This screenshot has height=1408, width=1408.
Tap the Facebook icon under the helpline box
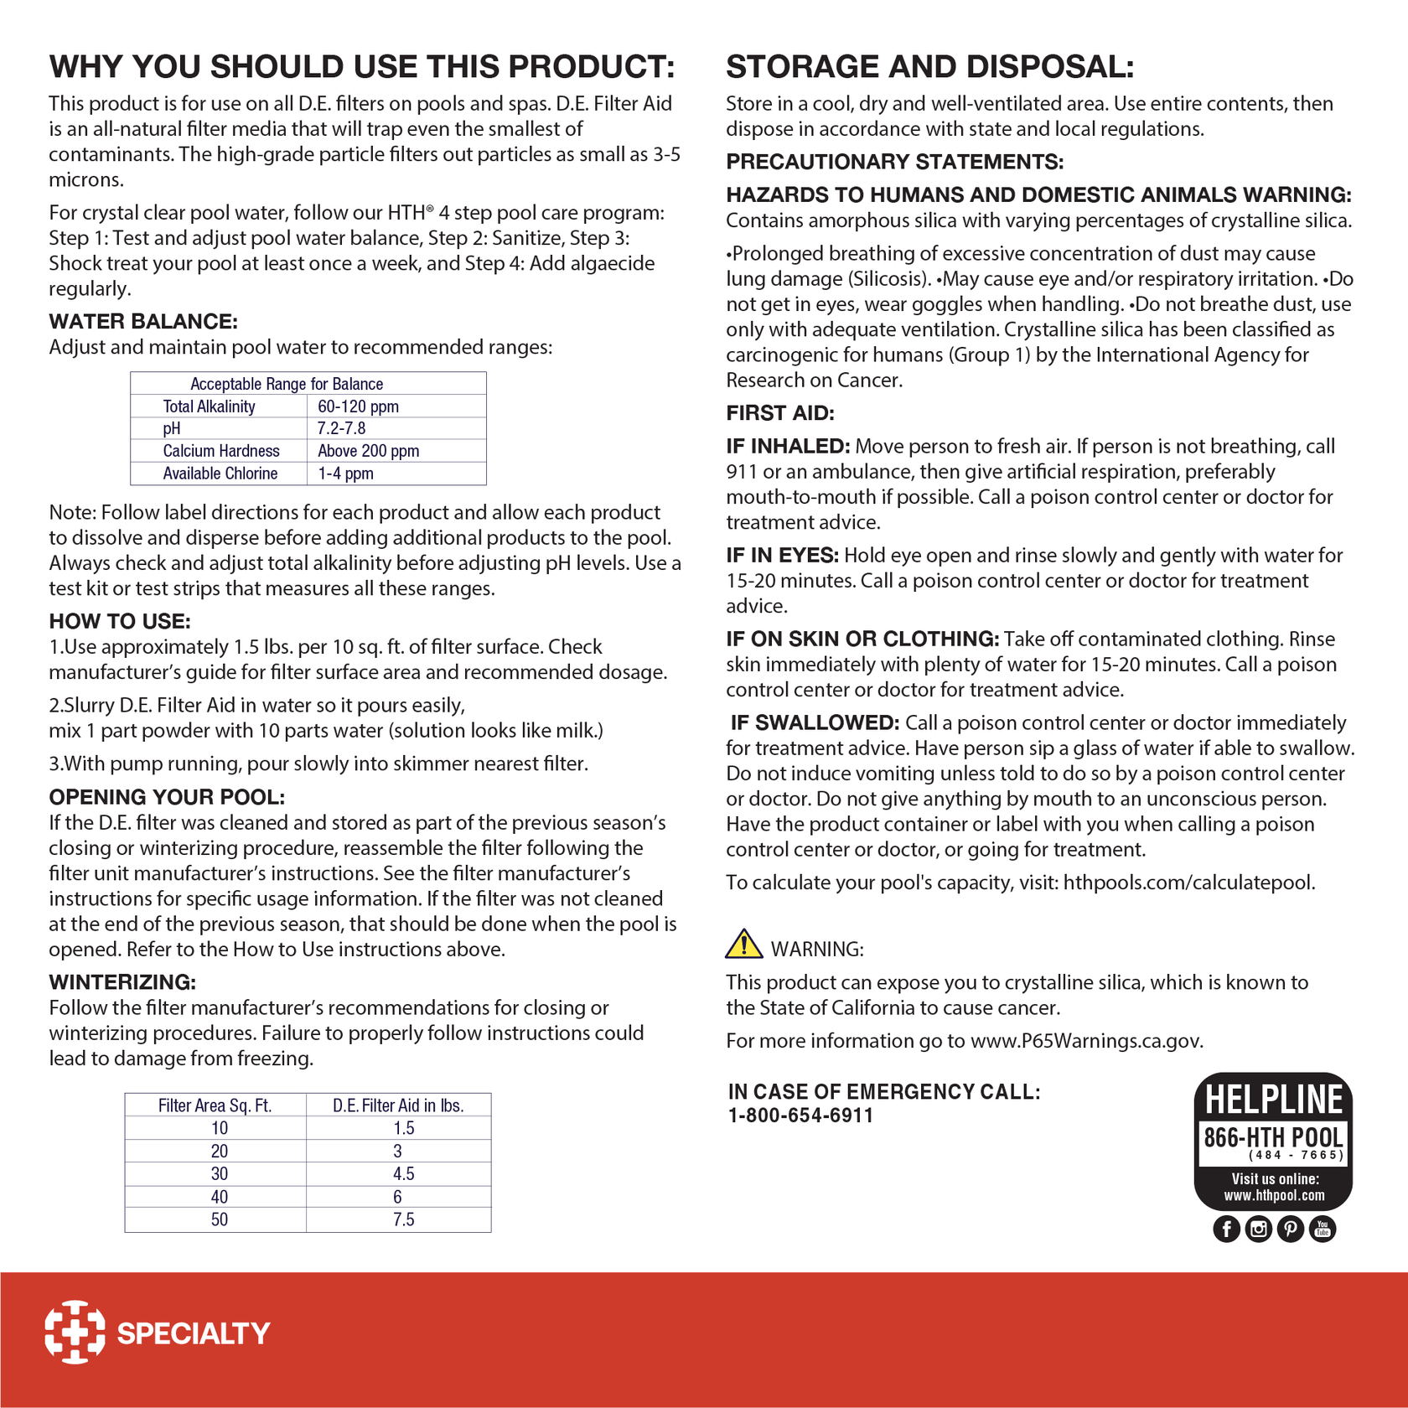click(1226, 1229)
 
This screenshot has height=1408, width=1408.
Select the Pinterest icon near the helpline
click(1290, 1229)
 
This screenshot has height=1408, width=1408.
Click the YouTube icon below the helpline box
click(1323, 1229)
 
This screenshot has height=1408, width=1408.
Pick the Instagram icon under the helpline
click(1258, 1229)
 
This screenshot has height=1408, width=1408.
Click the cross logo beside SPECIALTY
click(75, 1332)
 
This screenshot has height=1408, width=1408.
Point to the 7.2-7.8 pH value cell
click(341, 428)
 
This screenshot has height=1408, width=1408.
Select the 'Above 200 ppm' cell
click(368, 451)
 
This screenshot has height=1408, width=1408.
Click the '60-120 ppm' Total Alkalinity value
click(358, 406)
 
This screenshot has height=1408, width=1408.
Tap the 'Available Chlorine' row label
click(220, 474)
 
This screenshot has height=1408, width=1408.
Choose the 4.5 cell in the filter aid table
click(403, 1174)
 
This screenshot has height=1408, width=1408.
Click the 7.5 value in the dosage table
click(403, 1219)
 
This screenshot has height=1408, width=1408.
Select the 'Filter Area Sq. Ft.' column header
click(215, 1105)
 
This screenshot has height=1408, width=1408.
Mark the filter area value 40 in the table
click(219, 1197)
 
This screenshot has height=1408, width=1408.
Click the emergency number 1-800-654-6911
click(800, 1116)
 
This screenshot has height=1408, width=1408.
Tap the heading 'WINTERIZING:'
click(122, 982)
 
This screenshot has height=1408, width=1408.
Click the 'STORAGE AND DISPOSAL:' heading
click(929, 67)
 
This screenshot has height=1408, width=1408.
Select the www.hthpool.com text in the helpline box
click(1274, 1196)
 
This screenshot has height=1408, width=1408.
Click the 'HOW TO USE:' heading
click(119, 621)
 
